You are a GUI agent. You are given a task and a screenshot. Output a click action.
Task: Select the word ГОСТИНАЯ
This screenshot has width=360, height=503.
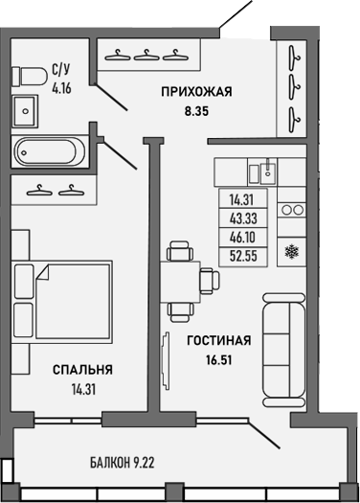click(x=219, y=340)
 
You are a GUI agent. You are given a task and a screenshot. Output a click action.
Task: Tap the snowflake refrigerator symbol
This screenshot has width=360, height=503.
click(x=291, y=253)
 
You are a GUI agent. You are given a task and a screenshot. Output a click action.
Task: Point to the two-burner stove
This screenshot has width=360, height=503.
click(x=291, y=209)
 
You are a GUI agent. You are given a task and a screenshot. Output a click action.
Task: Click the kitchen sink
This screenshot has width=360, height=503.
click(x=266, y=172)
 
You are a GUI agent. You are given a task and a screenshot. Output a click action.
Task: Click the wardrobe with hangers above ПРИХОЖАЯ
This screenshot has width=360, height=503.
click(x=146, y=55)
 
